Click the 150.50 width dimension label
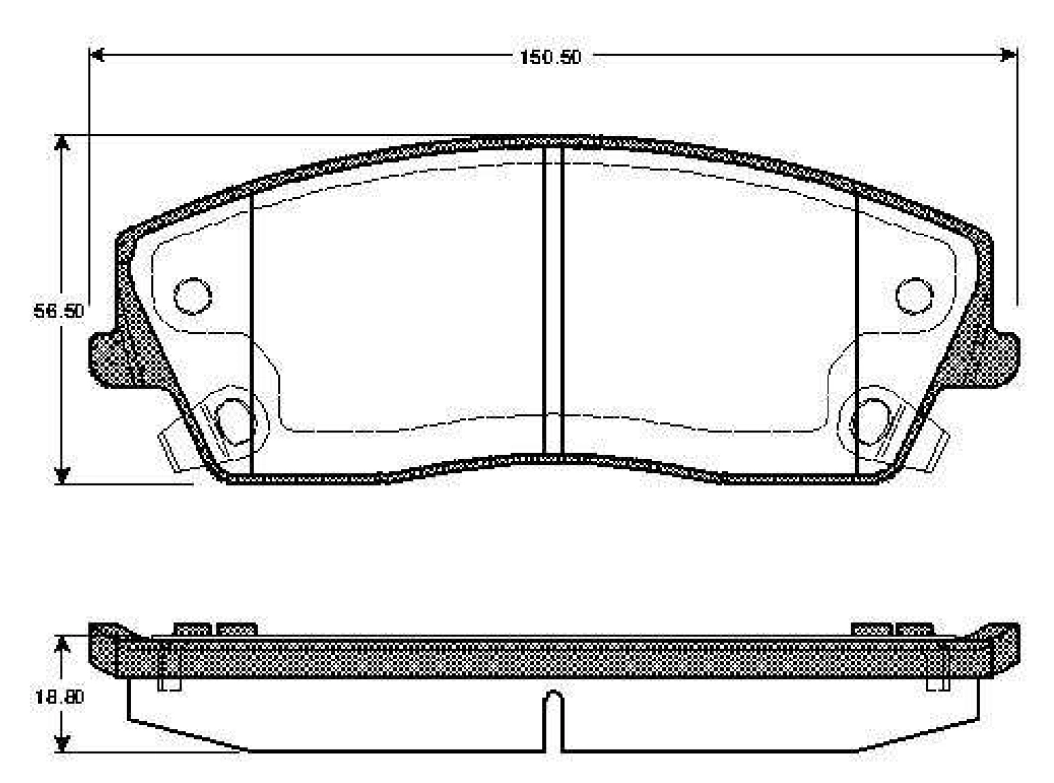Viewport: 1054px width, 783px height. pyautogui.click(x=549, y=57)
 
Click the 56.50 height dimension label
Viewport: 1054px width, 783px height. pyautogui.click(x=60, y=312)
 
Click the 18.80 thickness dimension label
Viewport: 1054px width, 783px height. pyautogui.click(x=60, y=697)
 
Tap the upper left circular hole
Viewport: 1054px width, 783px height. pyautogui.click(x=193, y=296)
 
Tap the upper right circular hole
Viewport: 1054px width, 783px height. pyautogui.click(x=914, y=296)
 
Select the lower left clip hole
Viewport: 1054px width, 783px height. pyautogui.click(x=233, y=421)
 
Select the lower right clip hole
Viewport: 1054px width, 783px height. pyautogui.click(x=872, y=421)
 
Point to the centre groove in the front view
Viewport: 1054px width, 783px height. pyautogui.click(x=552, y=300)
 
